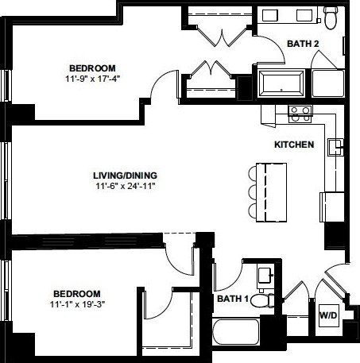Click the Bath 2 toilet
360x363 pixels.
coord(331,17)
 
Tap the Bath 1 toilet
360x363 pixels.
coord(262,301)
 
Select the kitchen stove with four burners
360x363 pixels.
coord(300,114)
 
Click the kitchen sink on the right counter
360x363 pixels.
coord(335,147)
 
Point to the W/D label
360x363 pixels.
coord(328,315)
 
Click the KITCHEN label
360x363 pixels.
coord(294,145)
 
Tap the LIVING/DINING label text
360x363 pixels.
coord(125,176)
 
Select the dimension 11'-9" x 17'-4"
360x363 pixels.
coord(93,79)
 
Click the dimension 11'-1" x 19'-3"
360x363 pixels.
coord(77,304)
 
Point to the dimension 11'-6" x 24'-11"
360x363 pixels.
coord(125,186)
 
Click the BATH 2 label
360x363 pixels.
coord(303,44)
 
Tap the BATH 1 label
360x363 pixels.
coord(233,299)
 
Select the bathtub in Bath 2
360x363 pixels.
coord(281,83)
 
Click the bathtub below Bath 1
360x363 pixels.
coord(236,332)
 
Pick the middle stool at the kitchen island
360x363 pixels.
coord(253,192)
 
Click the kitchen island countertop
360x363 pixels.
coord(271,192)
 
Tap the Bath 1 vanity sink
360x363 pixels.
coord(265,276)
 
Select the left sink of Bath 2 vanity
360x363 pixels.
coord(270,15)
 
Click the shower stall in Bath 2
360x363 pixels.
coord(328,83)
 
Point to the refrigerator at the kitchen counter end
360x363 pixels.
coord(332,207)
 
